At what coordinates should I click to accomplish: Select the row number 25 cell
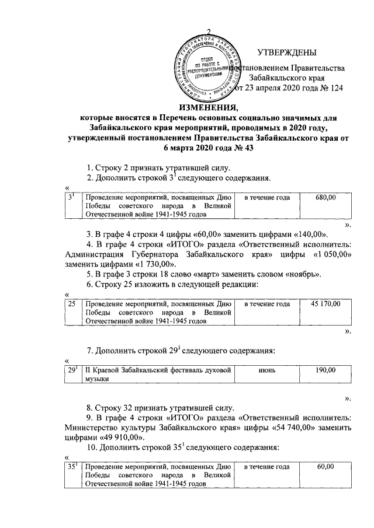click(71, 304)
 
